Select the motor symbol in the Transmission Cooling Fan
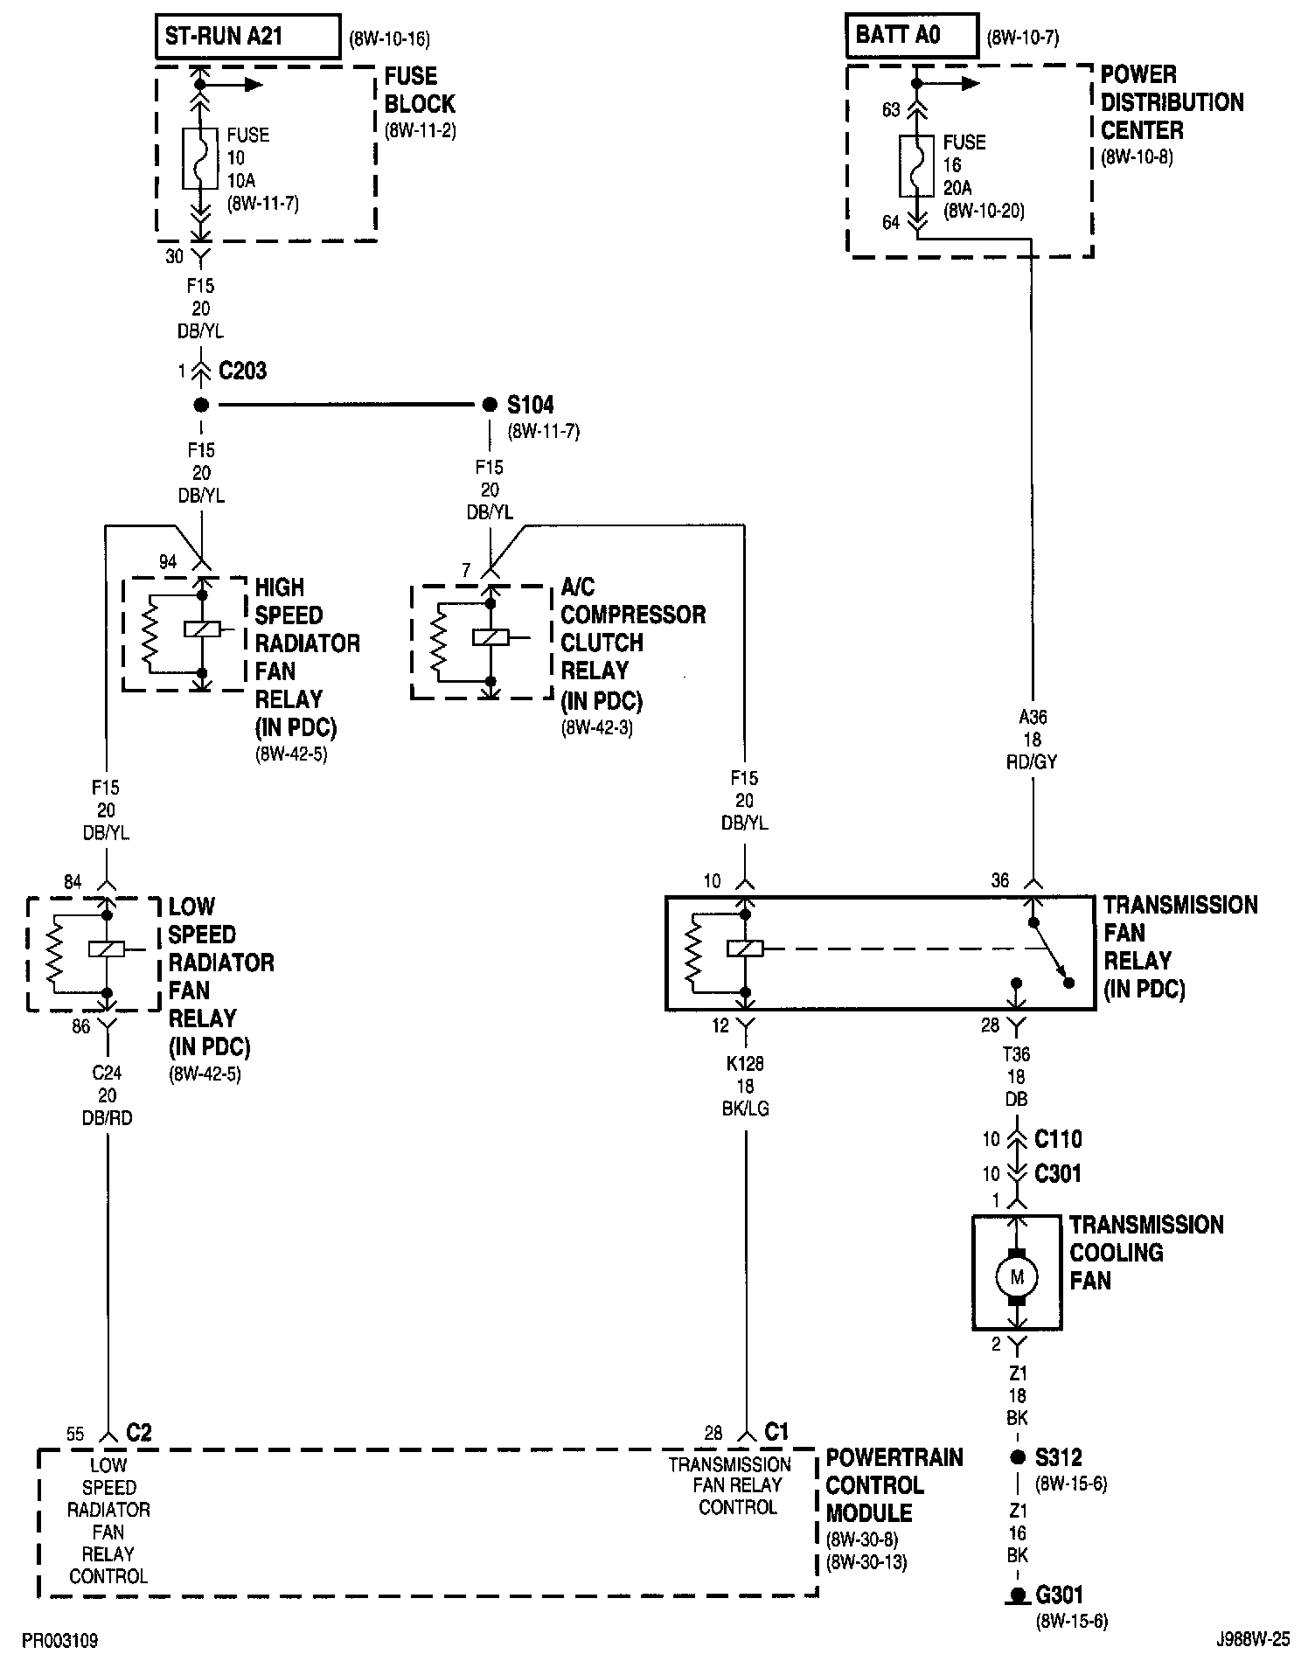click(x=1017, y=1277)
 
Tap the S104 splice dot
click(x=490, y=405)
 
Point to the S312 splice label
click(x=1059, y=1457)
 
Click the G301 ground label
click(x=1060, y=1595)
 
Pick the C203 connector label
click(x=242, y=371)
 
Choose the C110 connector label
click(x=1058, y=1139)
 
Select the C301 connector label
click(x=1058, y=1173)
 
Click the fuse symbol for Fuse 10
click(x=200, y=158)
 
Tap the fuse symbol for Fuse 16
click(x=916, y=165)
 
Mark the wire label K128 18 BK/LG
click(x=745, y=1086)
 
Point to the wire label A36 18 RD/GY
click(x=1033, y=740)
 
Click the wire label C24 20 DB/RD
click(x=108, y=1095)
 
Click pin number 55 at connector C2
click(x=75, y=1434)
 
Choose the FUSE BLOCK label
click(x=420, y=90)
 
